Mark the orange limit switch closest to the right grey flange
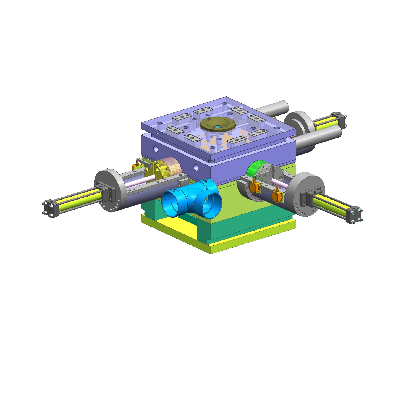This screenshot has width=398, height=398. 277,195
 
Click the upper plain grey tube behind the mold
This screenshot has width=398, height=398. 274,108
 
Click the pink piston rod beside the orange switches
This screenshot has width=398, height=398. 279,183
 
